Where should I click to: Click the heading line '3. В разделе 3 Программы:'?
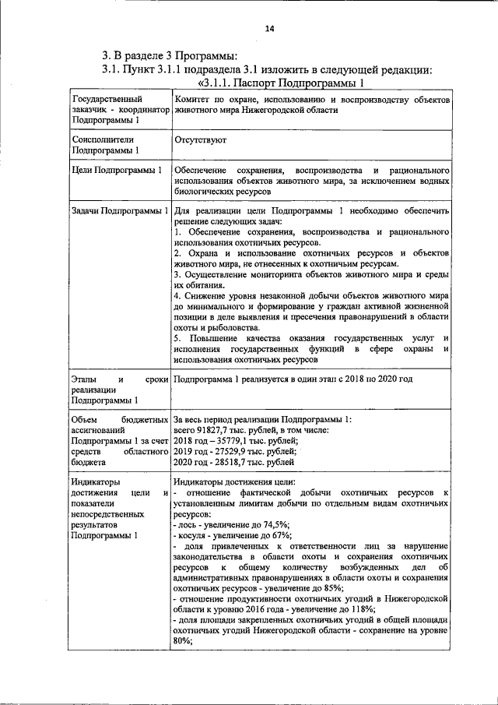(170, 55)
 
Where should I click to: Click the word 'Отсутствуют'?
(201, 143)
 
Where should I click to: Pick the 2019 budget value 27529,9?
(238, 452)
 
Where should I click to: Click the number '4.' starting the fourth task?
(177, 296)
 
